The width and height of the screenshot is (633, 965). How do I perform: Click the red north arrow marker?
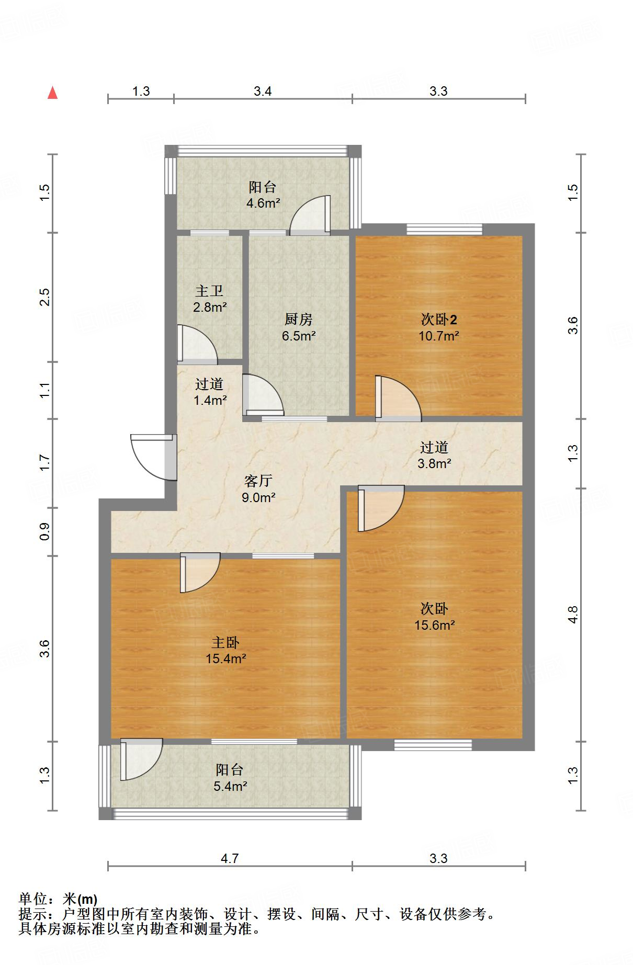coord(52,93)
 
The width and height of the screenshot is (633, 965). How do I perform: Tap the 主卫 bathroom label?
coord(210,299)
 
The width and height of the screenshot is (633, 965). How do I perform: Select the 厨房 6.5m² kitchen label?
coord(299,327)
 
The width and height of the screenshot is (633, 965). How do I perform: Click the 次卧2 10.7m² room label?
coord(439,327)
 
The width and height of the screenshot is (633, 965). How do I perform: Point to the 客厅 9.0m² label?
coord(258,489)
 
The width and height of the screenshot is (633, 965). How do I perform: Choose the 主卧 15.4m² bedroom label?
coord(225,650)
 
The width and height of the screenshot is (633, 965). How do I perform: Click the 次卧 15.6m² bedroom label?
coord(434,617)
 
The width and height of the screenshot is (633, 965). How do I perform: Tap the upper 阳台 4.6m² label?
coord(263,195)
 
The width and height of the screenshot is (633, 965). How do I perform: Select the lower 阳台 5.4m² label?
coord(230,777)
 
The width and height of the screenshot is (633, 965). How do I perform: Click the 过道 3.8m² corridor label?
coord(434,455)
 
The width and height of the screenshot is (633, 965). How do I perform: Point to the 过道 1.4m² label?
coord(210,392)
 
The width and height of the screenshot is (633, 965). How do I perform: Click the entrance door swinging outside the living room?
coord(153,457)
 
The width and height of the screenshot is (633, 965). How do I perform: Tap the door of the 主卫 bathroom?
coord(196,345)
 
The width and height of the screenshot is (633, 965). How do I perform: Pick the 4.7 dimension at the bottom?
coord(229,858)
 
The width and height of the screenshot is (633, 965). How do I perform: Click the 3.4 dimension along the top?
coord(263,92)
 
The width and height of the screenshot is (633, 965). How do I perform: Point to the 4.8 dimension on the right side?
coord(573,614)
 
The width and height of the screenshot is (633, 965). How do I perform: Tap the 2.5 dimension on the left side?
coord(45,297)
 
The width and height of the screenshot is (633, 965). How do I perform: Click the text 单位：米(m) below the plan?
coord(58,899)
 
